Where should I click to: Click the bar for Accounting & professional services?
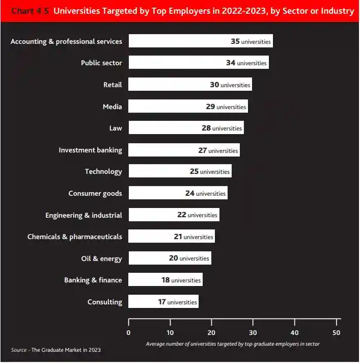(x=200, y=41)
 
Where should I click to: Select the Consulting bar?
(x=163, y=302)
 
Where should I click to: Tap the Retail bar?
(x=190, y=85)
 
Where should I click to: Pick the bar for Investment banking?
(x=184, y=150)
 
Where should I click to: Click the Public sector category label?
(x=101, y=63)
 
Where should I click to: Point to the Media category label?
(x=112, y=107)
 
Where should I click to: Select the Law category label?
(x=116, y=128)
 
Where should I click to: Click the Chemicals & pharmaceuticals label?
(x=74, y=237)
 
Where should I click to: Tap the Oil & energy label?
(x=101, y=258)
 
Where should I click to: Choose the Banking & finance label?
(x=93, y=280)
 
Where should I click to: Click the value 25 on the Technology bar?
(x=194, y=171)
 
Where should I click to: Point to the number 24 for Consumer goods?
(x=190, y=193)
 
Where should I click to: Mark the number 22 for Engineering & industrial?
(x=182, y=215)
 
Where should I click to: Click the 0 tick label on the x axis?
(x=128, y=332)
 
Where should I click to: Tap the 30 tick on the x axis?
(x=253, y=332)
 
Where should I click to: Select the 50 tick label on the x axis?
(x=336, y=332)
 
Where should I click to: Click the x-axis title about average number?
(x=233, y=344)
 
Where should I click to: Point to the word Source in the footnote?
(x=18, y=350)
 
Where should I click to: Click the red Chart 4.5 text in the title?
(x=31, y=11)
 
